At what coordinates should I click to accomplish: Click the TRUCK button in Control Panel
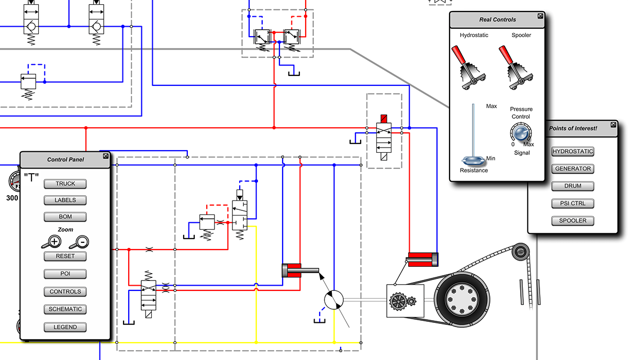coord(65,184)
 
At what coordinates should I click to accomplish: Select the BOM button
coord(65,217)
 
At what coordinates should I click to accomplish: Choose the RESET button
coord(65,256)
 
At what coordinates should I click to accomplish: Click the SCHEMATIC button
coord(65,309)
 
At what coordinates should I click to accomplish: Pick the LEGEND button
coord(65,327)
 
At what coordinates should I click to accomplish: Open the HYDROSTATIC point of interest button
coord(573,152)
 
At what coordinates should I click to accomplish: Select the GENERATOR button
coord(573,169)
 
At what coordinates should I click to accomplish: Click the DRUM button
coord(573,186)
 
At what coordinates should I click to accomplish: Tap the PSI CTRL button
coord(573,204)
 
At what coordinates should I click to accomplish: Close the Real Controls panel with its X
coord(540,16)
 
